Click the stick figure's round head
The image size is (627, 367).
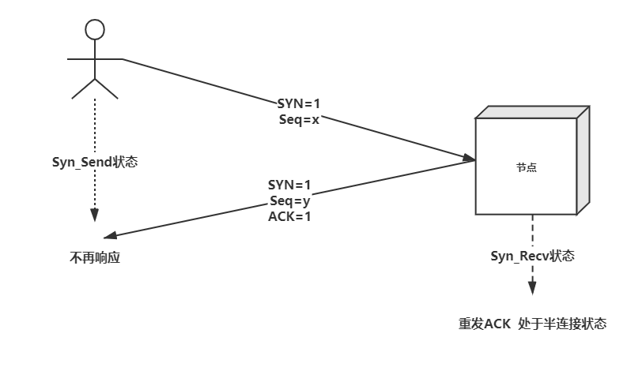[95, 30]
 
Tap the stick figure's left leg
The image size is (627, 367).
[83, 89]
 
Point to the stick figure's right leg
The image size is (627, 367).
[107, 89]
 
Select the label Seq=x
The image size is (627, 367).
[300, 119]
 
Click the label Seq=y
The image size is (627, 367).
[290, 200]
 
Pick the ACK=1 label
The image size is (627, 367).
[290, 215]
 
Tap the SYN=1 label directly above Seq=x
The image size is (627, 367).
[300, 103]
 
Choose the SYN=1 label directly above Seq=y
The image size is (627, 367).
[290, 185]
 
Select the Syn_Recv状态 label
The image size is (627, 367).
[532, 256]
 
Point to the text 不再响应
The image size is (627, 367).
[96, 258]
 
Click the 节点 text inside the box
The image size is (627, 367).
[527, 168]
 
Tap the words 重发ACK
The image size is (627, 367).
[485, 324]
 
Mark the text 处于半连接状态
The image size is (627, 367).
[563, 324]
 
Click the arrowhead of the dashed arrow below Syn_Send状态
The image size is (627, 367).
[95, 215]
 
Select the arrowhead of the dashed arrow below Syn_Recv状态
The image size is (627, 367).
[532, 289]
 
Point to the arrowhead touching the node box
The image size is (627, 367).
[470, 159]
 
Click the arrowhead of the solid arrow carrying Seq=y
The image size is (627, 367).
[110, 237]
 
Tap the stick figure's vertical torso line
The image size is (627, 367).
[95, 59]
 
